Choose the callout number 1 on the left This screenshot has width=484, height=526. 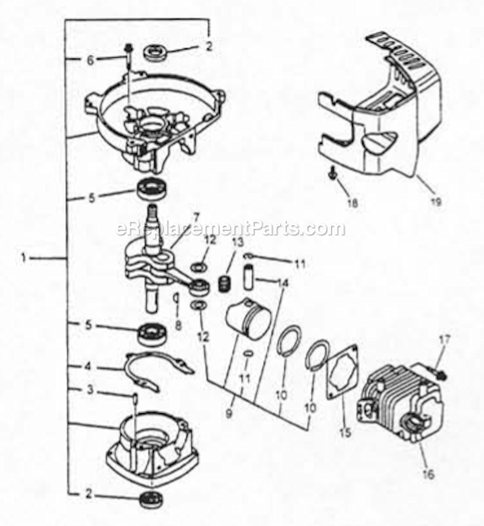pyautogui.click(x=23, y=258)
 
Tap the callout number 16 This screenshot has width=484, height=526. pyautogui.click(x=429, y=474)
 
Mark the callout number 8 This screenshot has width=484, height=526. pyautogui.click(x=178, y=325)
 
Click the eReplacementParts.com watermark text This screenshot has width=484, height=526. pyautogui.click(x=230, y=229)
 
